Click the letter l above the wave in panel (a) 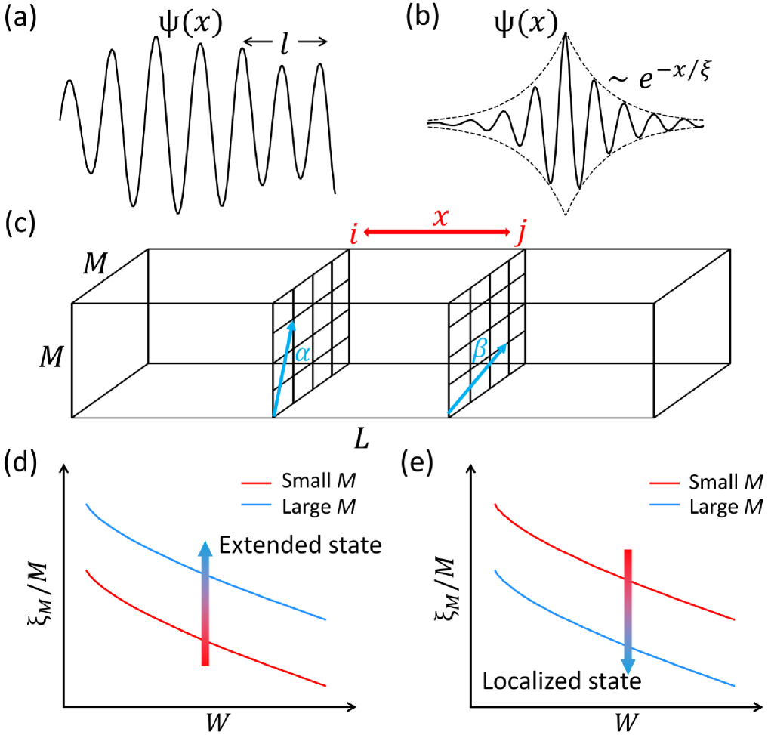(284, 43)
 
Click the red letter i (353, 235)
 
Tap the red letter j (520, 235)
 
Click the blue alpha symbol (301, 353)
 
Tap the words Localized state (562, 682)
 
